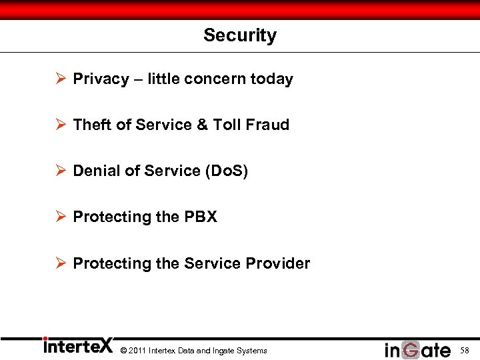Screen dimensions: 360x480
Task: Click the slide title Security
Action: [240, 35]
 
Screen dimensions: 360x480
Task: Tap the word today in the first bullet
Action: [271, 79]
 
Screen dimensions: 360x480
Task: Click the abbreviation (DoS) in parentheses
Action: [225, 171]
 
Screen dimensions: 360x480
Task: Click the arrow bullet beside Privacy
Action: [60, 79]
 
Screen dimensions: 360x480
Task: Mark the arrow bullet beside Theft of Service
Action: [60, 125]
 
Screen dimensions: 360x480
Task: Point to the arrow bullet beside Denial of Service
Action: [60, 171]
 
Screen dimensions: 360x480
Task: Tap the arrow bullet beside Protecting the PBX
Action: [60, 217]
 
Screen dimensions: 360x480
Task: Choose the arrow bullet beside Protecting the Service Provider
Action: [60, 264]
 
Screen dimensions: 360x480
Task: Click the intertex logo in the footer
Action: [78, 347]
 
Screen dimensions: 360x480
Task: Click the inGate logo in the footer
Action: [417, 349]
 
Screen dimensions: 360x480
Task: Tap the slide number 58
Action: [465, 350]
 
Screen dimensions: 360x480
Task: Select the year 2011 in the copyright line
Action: [135, 351]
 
